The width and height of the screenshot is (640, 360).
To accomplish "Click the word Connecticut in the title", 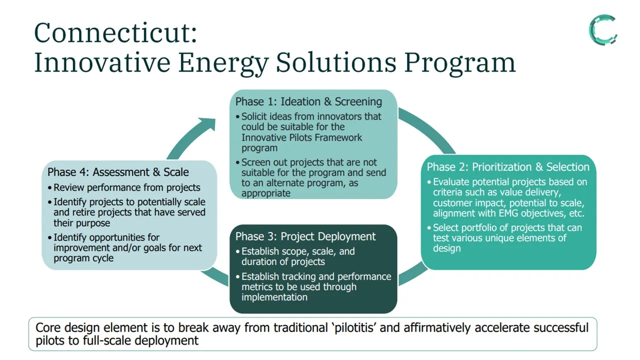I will [115, 33].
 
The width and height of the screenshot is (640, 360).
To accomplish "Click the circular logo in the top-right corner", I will [602, 30].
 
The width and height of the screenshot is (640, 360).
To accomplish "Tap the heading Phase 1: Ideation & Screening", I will [308, 101].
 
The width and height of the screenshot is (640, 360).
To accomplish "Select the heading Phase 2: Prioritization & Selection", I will [508, 167].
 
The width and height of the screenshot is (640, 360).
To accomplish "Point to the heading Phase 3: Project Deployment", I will [305, 236].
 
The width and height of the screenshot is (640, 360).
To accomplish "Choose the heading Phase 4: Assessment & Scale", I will [118, 172].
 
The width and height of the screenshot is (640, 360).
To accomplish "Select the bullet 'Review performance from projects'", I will [127, 187].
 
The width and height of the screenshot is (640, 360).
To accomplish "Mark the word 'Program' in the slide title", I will [459, 63].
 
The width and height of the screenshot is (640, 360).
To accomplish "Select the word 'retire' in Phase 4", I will [81, 212].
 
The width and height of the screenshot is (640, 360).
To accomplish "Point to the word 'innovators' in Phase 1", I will [332, 116].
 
